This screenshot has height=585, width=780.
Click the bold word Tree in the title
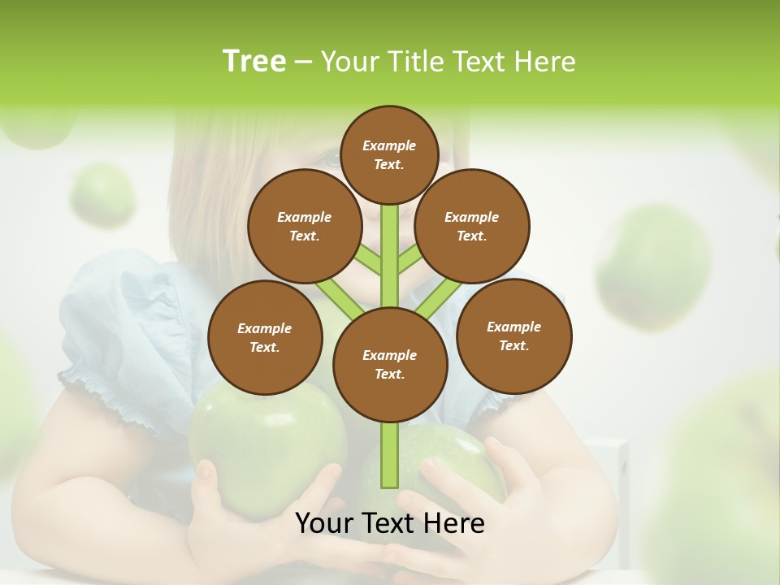click(x=254, y=61)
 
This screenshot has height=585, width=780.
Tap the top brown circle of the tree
click(x=389, y=154)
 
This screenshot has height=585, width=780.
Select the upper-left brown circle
click(x=304, y=227)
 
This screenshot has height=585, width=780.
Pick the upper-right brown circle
click(x=472, y=227)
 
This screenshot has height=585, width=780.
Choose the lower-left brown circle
click(x=265, y=338)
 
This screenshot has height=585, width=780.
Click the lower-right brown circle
click(x=513, y=336)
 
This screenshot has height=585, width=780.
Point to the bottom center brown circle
click(x=390, y=365)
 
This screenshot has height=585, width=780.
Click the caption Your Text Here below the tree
click(x=389, y=523)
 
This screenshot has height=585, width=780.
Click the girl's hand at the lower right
click(x=520, y=487)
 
